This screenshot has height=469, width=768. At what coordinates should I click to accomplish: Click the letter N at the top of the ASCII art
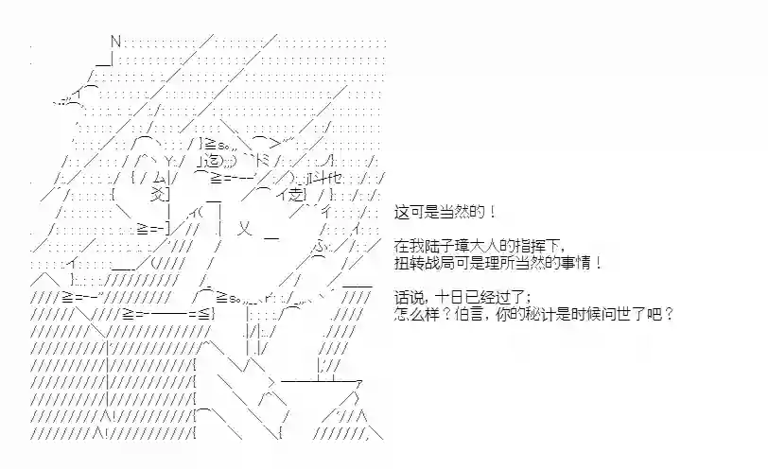pyautogui.click(x=115, y=42)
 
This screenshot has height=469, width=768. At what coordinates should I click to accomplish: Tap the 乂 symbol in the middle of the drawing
pyautogui.click(x=244, y=228)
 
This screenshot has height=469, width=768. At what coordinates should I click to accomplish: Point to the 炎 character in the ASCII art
pyautogui.click(x=158, y=195)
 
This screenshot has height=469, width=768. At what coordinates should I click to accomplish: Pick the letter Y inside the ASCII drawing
pyautogui.click(x=168, y=161)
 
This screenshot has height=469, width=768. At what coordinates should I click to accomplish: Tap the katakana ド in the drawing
pyautogui.click(x=263, y=160)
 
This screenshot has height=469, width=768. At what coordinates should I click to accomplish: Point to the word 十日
pyautogui.click(x=449, y=297)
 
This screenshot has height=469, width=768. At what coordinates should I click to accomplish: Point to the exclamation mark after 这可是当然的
pyautogui.click(x=493, y=212)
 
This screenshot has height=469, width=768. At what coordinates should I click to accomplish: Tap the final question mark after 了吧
pyautogui.click(x=669, y=314)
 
